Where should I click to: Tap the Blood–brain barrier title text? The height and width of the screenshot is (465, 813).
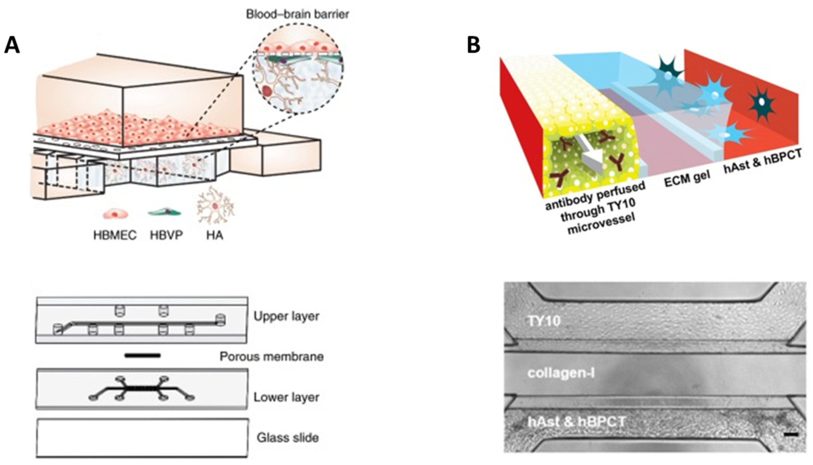[297, 14]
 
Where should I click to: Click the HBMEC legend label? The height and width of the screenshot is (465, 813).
[115, 235]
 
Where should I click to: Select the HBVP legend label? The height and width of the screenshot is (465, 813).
[166, 235]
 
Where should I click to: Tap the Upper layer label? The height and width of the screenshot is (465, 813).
[286, 316]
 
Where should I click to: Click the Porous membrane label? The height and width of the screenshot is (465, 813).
[272, 356]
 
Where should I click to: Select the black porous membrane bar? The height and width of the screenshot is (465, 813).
[142, 355]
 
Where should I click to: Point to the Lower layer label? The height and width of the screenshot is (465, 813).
[286, 397]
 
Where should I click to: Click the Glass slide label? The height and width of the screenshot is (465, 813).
[287, 437]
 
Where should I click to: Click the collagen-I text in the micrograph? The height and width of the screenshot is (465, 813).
[561, 373]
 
